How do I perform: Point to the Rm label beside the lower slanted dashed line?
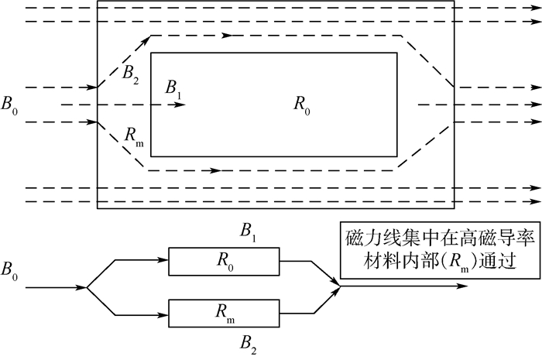click(133, 133)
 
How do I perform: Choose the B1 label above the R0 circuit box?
click(246, 230)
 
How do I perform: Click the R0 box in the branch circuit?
click(225, 261)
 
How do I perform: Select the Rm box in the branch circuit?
click(225, 314)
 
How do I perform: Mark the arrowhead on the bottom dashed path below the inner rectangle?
click(215, 169)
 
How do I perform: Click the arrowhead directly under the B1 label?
click(180, 104)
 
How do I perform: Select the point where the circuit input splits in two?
click(87, 287)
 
